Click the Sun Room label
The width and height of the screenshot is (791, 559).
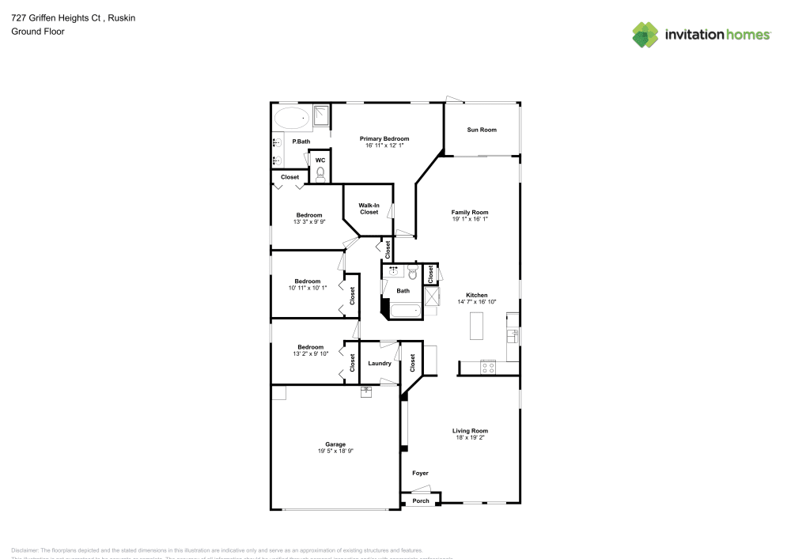481,130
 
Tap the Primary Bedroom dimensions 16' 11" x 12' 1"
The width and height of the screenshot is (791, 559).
384,145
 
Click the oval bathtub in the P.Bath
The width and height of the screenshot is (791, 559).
292,120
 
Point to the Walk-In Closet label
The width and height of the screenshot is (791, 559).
369,209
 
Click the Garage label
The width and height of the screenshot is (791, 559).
335,444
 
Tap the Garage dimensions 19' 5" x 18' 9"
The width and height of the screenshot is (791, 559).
335,451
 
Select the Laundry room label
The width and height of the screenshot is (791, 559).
380,364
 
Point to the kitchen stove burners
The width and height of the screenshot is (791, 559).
488,367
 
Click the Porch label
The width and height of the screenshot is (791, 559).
421,500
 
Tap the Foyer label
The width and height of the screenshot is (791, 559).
420,474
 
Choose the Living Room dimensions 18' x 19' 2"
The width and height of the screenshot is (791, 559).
470,437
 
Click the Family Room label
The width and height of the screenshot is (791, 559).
470,212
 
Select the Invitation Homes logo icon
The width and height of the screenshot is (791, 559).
645,34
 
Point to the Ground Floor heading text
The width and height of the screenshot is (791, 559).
38,32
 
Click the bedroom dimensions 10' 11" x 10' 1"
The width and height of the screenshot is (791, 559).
308,288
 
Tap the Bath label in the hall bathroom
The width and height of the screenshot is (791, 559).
403,291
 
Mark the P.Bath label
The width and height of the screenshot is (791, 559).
301,142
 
